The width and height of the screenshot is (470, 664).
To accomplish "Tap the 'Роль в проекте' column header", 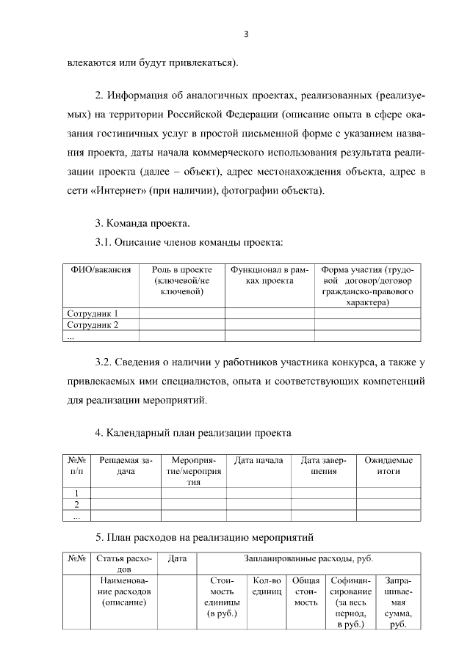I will pyautogui.click(x=181, y=280).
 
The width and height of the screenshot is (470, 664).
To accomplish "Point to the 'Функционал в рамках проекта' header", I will pyautogui.click(x=270, y=275).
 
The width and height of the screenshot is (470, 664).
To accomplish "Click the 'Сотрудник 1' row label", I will pyautogui.click(x=93, y=313).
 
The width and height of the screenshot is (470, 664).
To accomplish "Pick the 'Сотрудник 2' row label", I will pyautogui.click(x=93, y=324).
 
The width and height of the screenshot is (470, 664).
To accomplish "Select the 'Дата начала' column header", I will pyautogui.click(x=258, y=460).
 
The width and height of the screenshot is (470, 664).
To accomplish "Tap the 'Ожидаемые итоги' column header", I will pyautogui.click(x=388, y=465).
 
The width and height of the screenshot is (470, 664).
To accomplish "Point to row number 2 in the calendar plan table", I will pyautogui.click(x=76, y=504).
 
